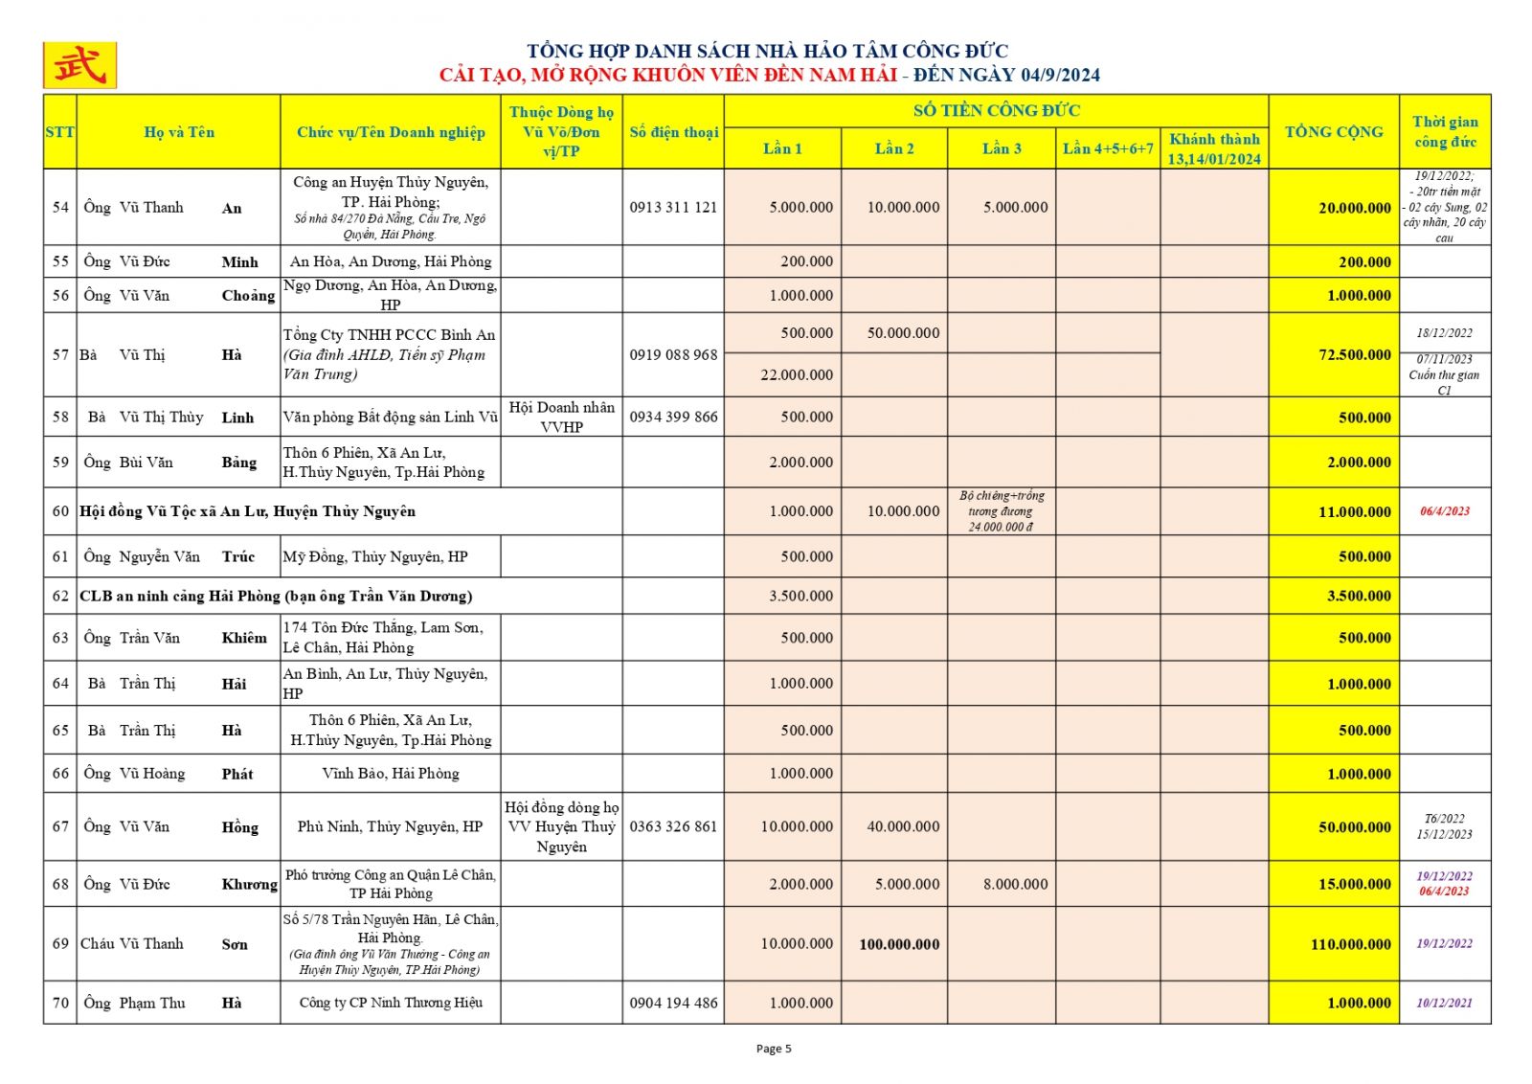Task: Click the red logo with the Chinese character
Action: tap(79, 65)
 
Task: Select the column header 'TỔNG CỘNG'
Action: tap(1333, 132)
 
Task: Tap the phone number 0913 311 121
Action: tap(673, 207)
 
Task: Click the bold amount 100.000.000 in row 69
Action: tap(899, 944)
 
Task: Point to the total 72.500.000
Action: tap(1354, 354)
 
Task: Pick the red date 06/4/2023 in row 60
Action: tap(1444, 511)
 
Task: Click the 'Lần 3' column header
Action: tap(1002, 148)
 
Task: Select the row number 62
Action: tap(60, 596)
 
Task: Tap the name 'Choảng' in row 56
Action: tap(248, 295)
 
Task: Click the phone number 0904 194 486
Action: tap(673, 1003)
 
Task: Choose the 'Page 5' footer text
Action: tap(774, 1049)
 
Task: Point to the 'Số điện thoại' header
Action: tap(673, 132)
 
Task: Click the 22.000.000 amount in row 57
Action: tap(797, 374)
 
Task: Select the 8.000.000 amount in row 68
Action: tap(1015, 884)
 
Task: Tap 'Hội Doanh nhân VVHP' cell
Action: tap(561, 417)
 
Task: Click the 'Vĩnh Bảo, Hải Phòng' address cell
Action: tap(391, 773)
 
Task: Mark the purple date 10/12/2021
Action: tap(1444, 1003)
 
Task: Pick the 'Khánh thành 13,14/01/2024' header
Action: tap(1214, 148)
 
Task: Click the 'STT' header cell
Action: tap(59, 132)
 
